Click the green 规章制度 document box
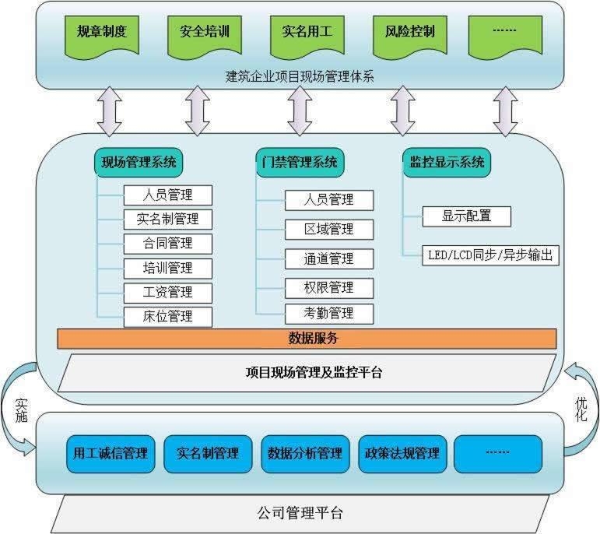pos(102,37)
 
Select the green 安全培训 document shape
pos(205,37)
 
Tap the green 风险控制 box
pos(410,37)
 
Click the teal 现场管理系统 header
pos(139,163)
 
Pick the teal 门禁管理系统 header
pos(300,163)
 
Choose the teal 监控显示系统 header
pos(447,163)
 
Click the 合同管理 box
pos(168,244)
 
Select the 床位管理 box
pos(168,317)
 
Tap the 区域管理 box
pos(329,230)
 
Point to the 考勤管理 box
pos(329,314)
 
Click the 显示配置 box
pos(466,216)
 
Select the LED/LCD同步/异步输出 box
pos(490,255)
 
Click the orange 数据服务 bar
pos(307,339)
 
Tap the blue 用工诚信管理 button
pos(111,454)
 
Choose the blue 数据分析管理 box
pos(305,454)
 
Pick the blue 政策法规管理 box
pos(402,454)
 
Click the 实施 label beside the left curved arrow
pos(21,410)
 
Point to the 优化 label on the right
pos(581,409)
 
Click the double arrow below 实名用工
pos(300,111)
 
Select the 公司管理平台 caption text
pos(300,513)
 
